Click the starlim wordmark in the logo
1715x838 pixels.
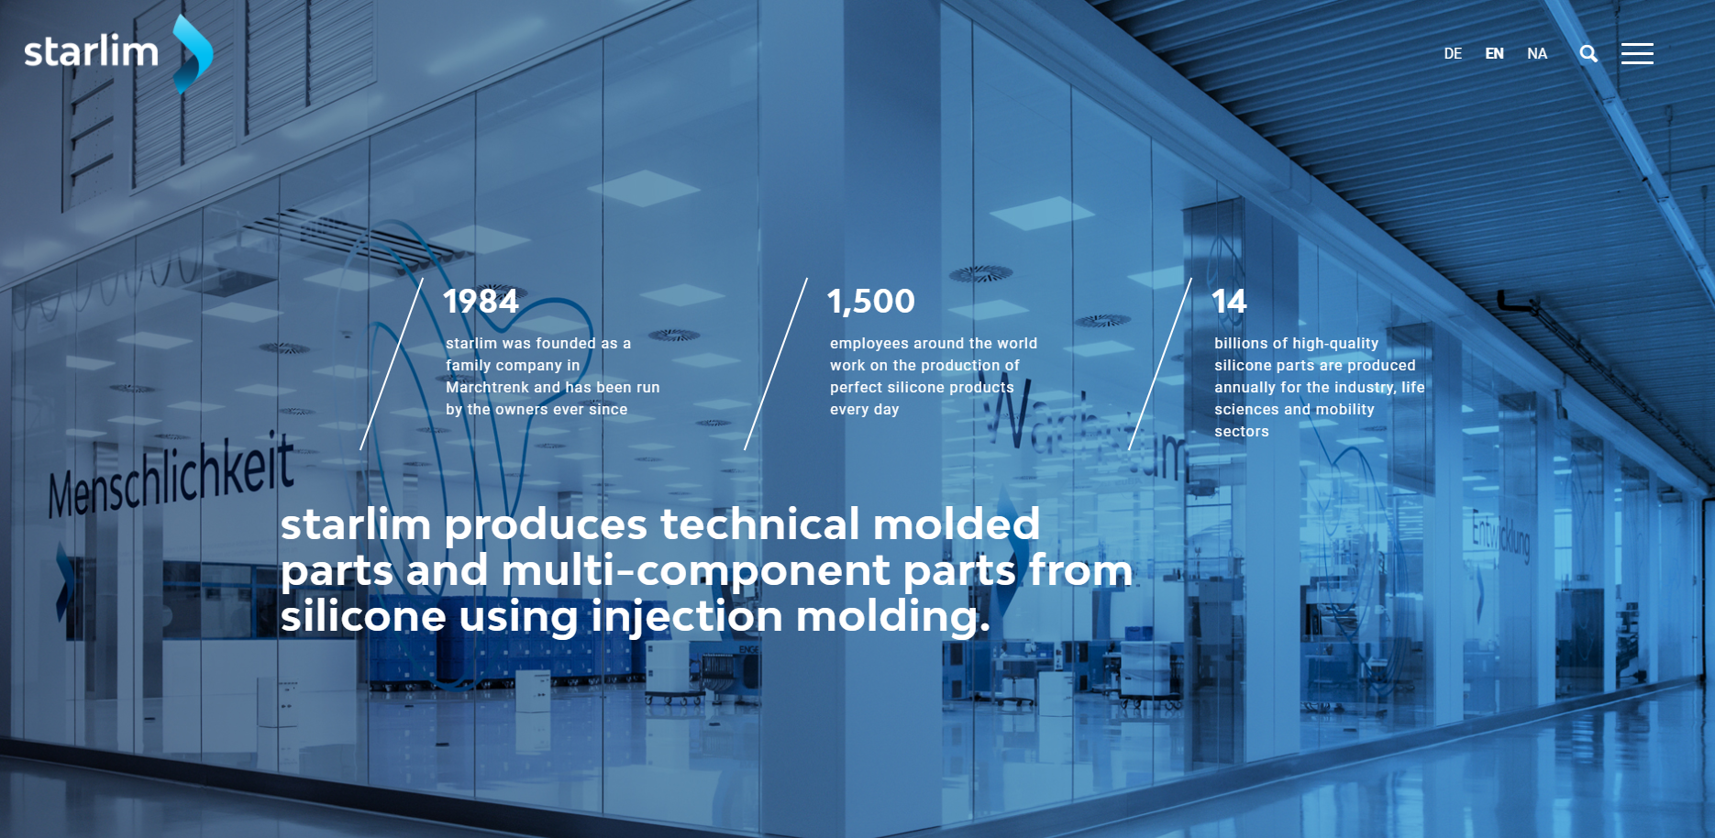pos(91,51)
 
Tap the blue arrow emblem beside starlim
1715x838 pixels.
pos(194,54)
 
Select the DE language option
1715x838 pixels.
pos(1453,54)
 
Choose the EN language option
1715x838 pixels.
pos(1494,54)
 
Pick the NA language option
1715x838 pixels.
pos(1537,54)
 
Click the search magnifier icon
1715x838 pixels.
pos(1588,54)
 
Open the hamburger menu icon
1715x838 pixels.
pos(1637,53)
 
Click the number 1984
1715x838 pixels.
pos(481,301)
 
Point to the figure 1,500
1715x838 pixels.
pos(871,301)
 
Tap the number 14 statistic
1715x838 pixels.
pos(1229,301)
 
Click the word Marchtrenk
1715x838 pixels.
pos(488,387)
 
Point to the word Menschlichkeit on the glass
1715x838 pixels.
pos(171,475)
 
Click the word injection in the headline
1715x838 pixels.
pos(687,617)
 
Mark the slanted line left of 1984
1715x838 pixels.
pos(392,364)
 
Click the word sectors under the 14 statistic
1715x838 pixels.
pos(1242,432)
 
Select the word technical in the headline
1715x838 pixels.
pos(760,524)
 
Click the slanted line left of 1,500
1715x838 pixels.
pos(776,364)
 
